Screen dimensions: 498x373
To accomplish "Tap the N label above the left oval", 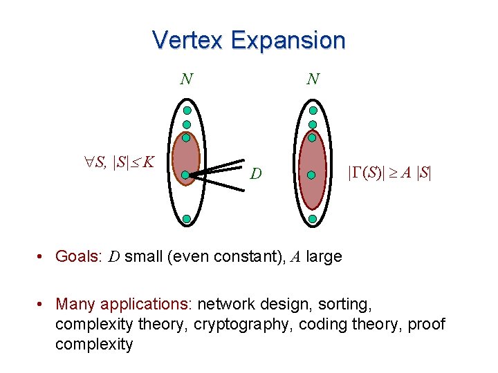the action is [186, 79].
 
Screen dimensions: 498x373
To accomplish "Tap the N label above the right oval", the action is [313, 79].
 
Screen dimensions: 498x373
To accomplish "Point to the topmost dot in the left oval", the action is [187, 111].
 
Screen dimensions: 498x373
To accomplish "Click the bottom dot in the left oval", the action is [187, 219].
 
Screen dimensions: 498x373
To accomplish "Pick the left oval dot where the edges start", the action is [186, 175].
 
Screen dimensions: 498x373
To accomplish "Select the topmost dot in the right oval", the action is [313, 111].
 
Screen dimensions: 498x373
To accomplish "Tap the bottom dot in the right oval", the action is [313, 219].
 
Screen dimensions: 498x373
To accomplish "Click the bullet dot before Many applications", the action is [43, 305].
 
